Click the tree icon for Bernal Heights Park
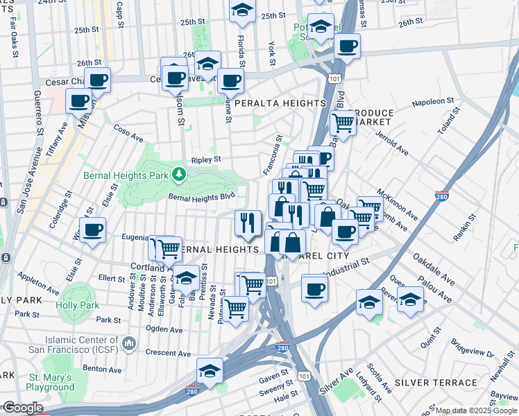point(179,173)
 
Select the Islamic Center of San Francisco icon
point(128,343)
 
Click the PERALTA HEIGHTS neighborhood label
point(280,103)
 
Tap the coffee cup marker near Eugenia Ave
point(92,230)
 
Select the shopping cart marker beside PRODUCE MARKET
point(343,123)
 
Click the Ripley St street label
point(206,159)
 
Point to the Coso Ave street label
point(128,131)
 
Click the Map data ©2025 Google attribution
point(476,410)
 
